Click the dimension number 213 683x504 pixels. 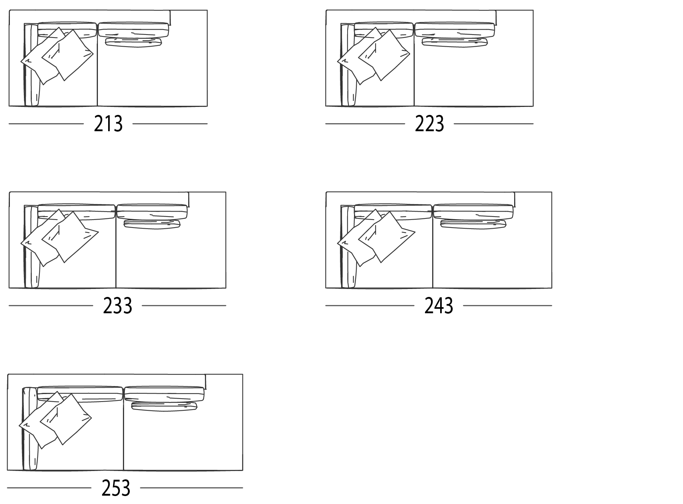[108, 124]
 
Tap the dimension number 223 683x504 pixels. [429, 124]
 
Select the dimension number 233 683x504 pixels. [117, 306]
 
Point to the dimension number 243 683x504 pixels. [439, 306]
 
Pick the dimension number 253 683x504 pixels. [116, 488]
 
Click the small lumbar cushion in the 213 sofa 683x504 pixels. [133, 42]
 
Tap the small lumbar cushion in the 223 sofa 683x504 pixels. [455, 42]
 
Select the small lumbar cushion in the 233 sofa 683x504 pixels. [152, 224]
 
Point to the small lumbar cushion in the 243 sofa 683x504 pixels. [473, 224]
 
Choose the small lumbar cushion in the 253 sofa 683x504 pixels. [164, 406]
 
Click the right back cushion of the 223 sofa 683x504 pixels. [455, 30]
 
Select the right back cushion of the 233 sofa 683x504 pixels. [152, 212]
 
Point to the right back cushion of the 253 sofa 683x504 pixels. [164, 394]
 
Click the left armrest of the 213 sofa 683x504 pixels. [31, 65]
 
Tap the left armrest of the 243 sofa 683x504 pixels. [349, 247]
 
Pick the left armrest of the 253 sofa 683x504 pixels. [30, 429]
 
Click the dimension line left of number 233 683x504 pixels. [50, 305]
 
